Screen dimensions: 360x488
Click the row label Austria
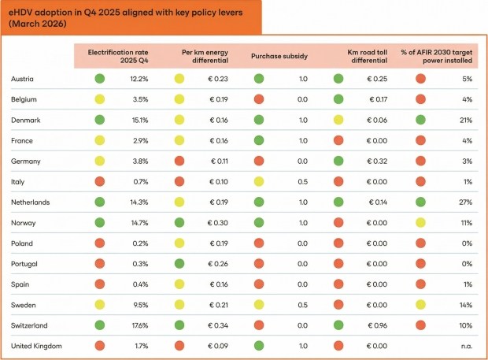(23, 79)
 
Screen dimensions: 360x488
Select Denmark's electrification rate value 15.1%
(138, 120)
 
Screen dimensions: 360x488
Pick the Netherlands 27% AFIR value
(466, 202)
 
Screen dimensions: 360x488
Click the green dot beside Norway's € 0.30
(179, 222)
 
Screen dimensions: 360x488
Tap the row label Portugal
(24, 263)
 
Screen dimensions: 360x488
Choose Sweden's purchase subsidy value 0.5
(302, 304)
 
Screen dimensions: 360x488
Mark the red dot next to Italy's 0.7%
(99, 181)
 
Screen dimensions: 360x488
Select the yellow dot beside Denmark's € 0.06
(338, 120)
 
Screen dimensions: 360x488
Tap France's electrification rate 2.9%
(139, 140)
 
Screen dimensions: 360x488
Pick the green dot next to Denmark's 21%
(421, 120)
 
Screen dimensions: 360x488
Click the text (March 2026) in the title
(38, 24)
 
